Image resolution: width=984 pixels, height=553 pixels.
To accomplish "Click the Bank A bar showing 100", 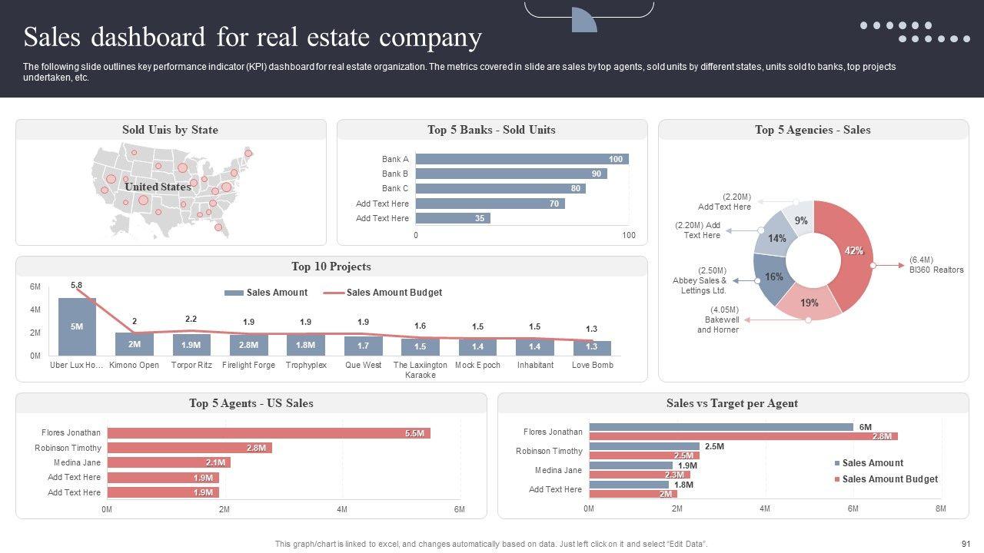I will pyautogui.click(x=522, y=159).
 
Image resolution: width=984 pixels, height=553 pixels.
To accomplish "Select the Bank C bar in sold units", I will pyautogui.click(x=500, y=188).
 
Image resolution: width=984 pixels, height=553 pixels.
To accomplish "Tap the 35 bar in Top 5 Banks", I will pyautogui.click(x=453, y=218).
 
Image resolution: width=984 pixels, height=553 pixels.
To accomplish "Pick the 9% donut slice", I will pyautogui.click(x=799, y=218).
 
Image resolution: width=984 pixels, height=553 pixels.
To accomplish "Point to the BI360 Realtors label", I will pyautogui.click(x=936, y=265).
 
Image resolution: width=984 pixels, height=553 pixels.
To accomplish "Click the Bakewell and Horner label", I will pyautogui.click(x=718, y=325).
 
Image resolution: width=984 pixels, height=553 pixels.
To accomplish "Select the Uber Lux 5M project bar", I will pyautogui.click(x=77, y=326).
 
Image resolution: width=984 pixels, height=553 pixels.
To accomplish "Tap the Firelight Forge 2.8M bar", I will pyautogui.click(x=248, y=345).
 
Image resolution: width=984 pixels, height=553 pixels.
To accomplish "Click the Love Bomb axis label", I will pyautogui.click(x=592, y=365).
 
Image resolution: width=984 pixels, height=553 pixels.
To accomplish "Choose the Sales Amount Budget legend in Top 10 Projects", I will pyautogui.click(x=393, y=293).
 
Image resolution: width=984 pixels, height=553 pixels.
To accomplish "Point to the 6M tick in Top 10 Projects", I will pyautogui.click(x=35, y=286).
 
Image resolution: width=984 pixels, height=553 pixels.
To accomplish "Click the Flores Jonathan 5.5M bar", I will pyautogui.click(x=268, y=433).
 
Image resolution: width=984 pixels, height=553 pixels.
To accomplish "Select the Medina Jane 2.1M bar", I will pyautogui.click(x=168, y=462).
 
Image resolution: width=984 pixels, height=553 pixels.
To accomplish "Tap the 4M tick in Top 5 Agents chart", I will pyautogui.click(x=342, y=509).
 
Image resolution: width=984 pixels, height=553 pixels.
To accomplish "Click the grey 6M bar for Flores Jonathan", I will pyautogui.click(x=721, y=427).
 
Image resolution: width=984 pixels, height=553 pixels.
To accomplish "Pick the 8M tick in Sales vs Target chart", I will pyautogui.click(x=940, y=509).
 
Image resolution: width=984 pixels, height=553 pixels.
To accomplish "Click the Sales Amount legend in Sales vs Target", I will pyautogui.click(x=872, y=463).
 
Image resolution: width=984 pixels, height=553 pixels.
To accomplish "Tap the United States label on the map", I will pyautogui.click(x=158, y=187).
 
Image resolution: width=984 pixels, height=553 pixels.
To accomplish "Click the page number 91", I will pyautogui.click(x=966, y=544).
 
